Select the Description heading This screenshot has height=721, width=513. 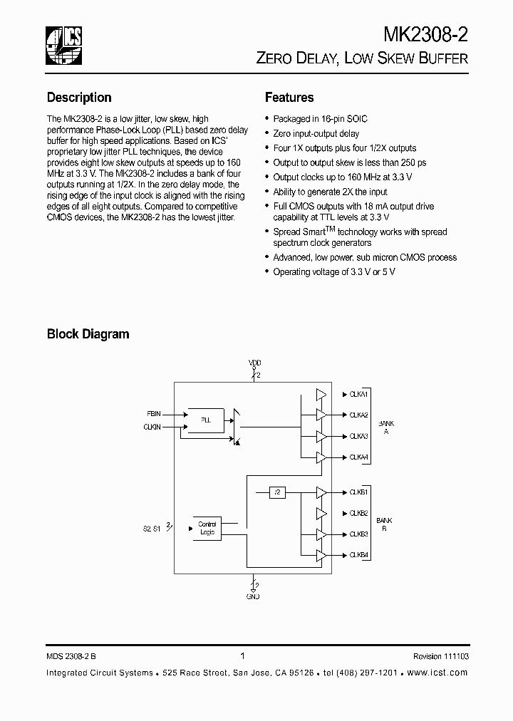coord(79,98)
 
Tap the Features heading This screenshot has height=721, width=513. coord(289,98)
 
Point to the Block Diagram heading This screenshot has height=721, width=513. coord(88,333)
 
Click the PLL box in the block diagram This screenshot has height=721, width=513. coord(205,420)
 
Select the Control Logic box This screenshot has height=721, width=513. coord(207,529)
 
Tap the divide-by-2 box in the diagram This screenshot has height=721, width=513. coord(278,492)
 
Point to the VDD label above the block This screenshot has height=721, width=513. coord(254,363)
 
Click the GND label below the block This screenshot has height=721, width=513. coord(253,596)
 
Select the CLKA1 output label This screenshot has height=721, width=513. coord(358,394)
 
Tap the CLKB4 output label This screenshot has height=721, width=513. coord(358,554)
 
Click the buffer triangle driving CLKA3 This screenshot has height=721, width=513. coord(321,436)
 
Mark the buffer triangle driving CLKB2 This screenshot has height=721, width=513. coord(321,513)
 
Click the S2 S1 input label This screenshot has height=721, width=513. coord(152,529)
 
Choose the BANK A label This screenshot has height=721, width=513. coord(386,427)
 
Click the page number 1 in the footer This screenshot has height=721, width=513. coord(243,657)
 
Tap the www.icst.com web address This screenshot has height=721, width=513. coord(440,673)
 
